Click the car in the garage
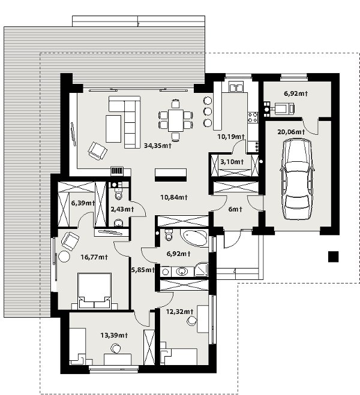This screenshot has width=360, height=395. click(297, 179)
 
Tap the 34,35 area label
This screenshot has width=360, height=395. click(158, 146)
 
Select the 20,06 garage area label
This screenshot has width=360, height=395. click(291, 132)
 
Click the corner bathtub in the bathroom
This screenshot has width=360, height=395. click(194, 237)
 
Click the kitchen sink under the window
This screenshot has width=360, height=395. click(236, 88)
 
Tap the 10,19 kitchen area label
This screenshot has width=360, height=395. click(231, 137)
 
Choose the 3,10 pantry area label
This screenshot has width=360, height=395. click(232, 162)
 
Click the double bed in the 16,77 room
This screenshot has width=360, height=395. click(95, 291)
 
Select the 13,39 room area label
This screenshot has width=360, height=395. click(114, 335)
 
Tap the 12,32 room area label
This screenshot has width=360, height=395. click(179, 312)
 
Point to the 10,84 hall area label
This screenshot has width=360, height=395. click(174, 197)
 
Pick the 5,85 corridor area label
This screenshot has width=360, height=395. click(142, 270)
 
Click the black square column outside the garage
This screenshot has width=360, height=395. click(333, 257)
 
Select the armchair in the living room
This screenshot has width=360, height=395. click(97, 150)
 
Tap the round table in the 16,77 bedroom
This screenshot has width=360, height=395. click(64, 257)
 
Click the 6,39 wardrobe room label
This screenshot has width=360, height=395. click(83, 203)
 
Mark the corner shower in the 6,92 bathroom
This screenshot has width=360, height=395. click(202, 270)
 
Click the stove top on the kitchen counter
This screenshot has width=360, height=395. click(253, 117)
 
